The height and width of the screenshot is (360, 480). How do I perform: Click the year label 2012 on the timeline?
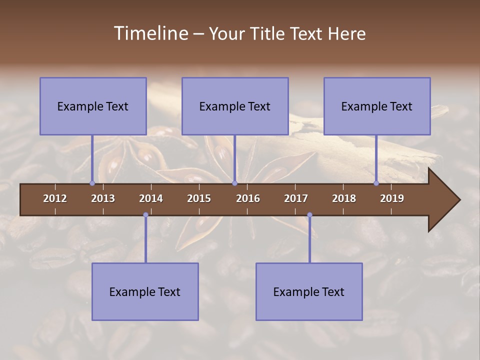55,198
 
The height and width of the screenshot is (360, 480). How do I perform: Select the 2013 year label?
103,198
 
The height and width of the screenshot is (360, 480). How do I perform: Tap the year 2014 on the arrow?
151,198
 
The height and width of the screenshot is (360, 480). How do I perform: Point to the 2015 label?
199,198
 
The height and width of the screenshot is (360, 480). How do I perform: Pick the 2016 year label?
248,198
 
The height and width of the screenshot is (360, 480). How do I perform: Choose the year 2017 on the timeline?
296,198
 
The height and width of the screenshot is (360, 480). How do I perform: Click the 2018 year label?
344,198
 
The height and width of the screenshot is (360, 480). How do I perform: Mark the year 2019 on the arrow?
392,198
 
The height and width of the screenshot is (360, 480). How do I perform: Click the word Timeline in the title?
150,33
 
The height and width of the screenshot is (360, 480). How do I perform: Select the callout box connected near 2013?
93,106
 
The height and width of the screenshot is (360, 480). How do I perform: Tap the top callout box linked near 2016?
235,106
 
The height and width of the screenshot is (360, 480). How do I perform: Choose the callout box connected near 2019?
377,106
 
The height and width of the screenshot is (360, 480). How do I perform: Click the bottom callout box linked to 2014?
145,291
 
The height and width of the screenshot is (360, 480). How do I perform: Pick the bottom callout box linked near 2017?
309,291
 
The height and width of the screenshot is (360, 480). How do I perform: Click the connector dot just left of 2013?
92,183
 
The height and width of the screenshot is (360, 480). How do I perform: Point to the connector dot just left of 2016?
234,183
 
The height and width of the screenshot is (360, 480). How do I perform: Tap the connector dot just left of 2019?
376,183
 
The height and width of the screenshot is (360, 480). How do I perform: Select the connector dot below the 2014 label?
145,215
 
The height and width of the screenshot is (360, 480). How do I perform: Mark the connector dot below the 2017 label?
309,215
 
